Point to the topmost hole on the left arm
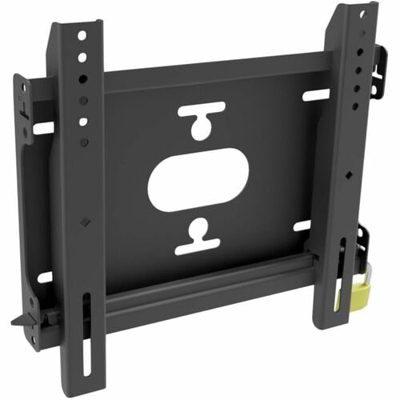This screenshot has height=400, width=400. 82,36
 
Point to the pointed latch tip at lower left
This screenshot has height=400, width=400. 17,323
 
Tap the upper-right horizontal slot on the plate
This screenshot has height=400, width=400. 315,94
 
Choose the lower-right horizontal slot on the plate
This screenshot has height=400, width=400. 302,226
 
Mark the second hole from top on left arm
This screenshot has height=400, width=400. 82,58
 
